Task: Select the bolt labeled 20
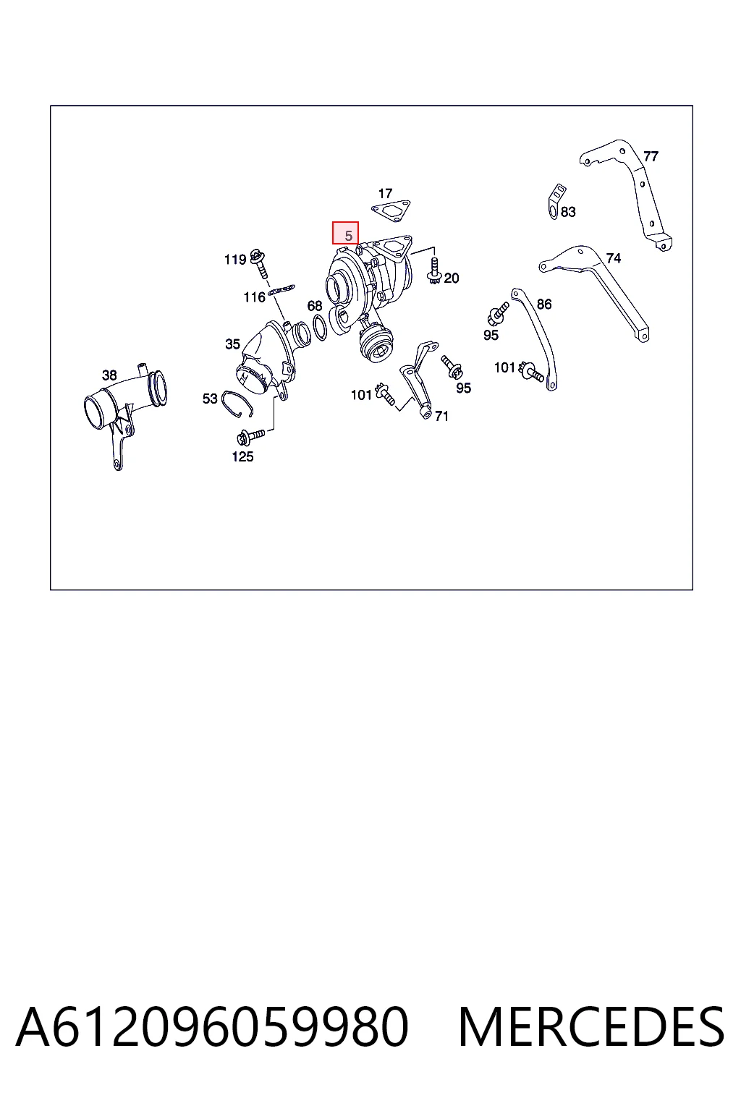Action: pyautogui.click(x=434, y=271)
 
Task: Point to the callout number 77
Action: pyautogui.click(x=650, y=156)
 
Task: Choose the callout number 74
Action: pyautogui.click(x=614, y=258)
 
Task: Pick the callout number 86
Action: pyautogui.click(x=544, y=304)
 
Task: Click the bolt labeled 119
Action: pyautogui.click(x=259, y=263)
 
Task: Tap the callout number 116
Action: pyautogui.click(x=254, y=297)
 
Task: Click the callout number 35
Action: pyautogui.click(x=232, y=344)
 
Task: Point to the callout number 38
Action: pyautogui.click(x=109, y=375)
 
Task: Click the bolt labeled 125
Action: pyautogui.click(x=250, y=437)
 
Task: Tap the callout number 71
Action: pyautogui.click(x=441, y=416)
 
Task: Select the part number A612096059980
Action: pyautogui.click(x=213, y=1026)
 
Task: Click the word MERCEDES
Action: pyautogui.click(x=591, y=1026)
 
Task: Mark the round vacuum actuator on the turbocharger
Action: pyautogui.click(x=376, y=343)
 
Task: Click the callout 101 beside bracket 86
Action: pyautogui.click(x=505, y=367)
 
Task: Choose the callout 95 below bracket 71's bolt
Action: pyautogui.click(x=463, y=388)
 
